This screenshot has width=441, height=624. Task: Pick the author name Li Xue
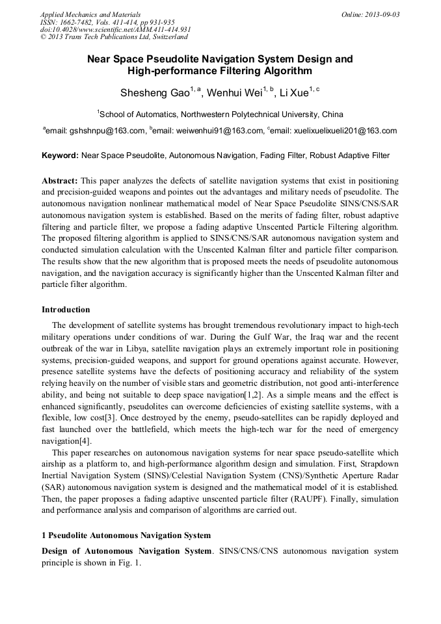(293, 94)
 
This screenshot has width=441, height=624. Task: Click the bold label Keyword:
(60, 156)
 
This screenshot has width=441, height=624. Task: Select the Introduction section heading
(66, 309)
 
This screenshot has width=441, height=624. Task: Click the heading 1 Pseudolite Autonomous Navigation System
(126, 536)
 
